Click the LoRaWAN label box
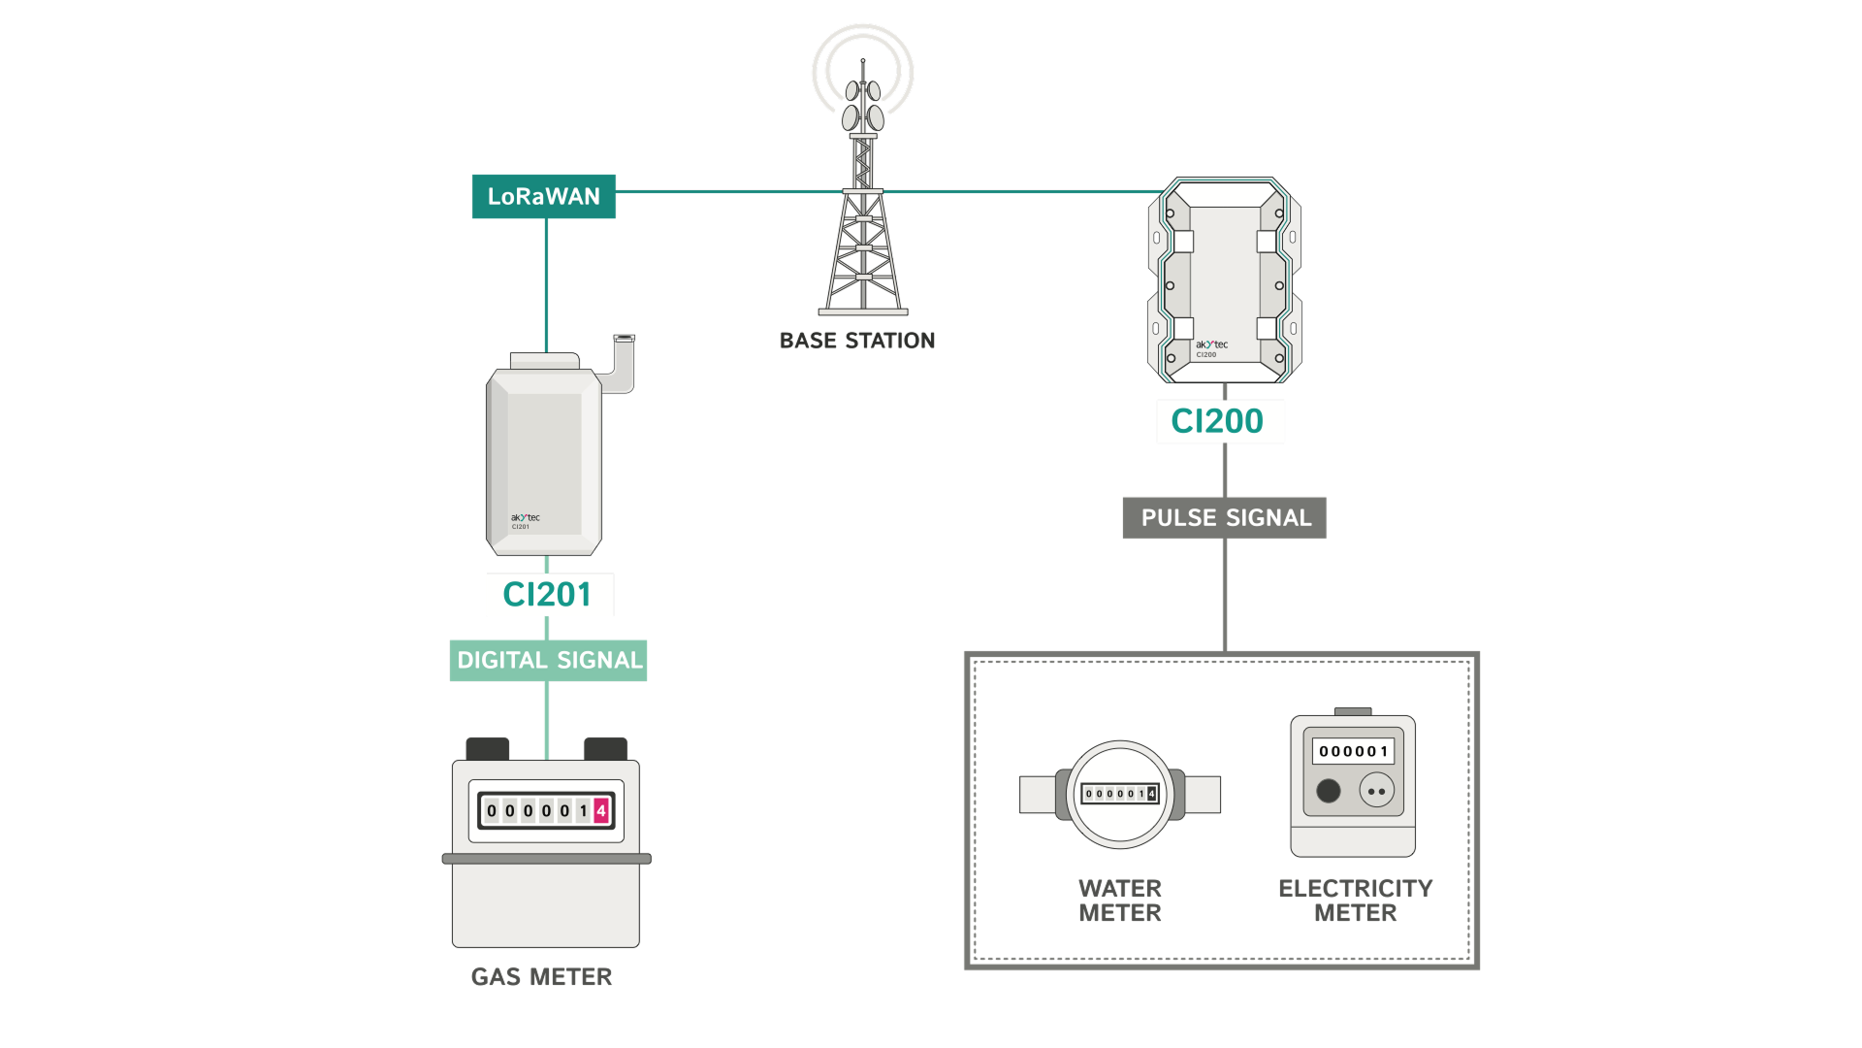543,197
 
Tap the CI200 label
1219,421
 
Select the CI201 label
549,595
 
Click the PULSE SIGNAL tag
1225,518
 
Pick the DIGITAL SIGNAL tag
549,661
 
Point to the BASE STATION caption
857,341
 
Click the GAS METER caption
541,977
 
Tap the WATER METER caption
1120,901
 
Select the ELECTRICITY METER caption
1355,901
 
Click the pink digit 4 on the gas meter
601,810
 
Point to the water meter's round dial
1120,795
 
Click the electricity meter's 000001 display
1353,751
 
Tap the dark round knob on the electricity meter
1328,791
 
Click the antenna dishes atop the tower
863,105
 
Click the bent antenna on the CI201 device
621,363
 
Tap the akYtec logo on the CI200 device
1211,345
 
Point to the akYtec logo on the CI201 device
525,518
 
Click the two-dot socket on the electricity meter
1376,791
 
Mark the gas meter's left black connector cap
487,749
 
